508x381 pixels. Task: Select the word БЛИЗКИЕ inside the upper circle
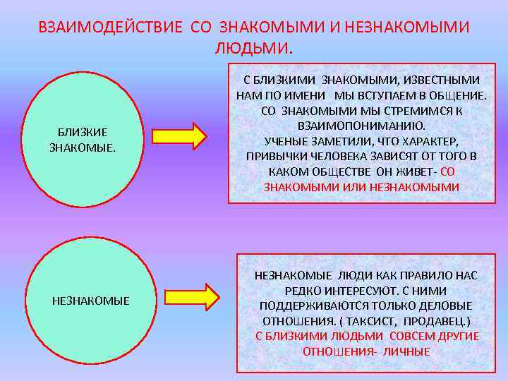(83, 133)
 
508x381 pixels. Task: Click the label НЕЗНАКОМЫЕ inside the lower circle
(91, 301)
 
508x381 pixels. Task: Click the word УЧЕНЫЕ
(284, 140)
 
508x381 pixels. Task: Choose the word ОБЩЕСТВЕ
(338, 171)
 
